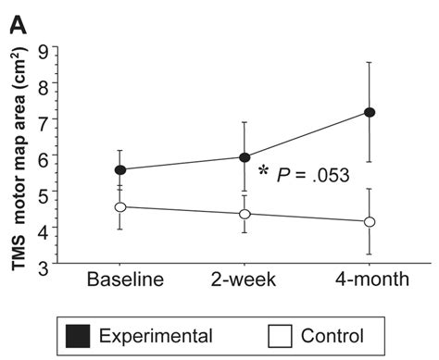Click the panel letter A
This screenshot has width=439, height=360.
(18, 19)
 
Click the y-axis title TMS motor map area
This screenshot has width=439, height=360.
(19, 157)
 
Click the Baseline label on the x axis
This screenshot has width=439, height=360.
(125, 279)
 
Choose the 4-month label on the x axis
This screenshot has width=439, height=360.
(369, 279)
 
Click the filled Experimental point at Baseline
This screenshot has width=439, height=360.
(120, 170)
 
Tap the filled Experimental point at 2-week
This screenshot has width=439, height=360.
(245, 157)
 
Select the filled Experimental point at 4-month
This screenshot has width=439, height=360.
(370, 112)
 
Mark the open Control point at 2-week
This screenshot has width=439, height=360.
(245, 214)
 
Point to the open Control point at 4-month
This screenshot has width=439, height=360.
(370, 222)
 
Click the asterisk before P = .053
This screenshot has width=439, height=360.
(264, 171)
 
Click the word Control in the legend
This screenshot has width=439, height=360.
(332, 335)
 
